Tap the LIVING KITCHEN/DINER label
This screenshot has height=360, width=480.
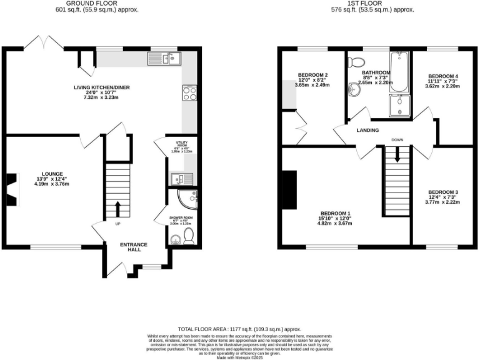tap(103, 87)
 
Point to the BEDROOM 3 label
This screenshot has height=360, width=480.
tap(443, 192)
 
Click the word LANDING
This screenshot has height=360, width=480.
tap(368, 130)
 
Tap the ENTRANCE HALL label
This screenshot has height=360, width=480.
tap(134, 246)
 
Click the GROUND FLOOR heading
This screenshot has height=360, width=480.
tap(97, 4)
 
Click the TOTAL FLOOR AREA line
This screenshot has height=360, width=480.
tap(239, 329)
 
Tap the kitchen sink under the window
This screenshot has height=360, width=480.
tap(164, 59)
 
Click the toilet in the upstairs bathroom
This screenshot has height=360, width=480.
tap(356, 61)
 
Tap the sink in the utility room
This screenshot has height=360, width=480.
tap(178, 179)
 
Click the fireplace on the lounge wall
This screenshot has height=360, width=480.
tap(12, 189)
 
